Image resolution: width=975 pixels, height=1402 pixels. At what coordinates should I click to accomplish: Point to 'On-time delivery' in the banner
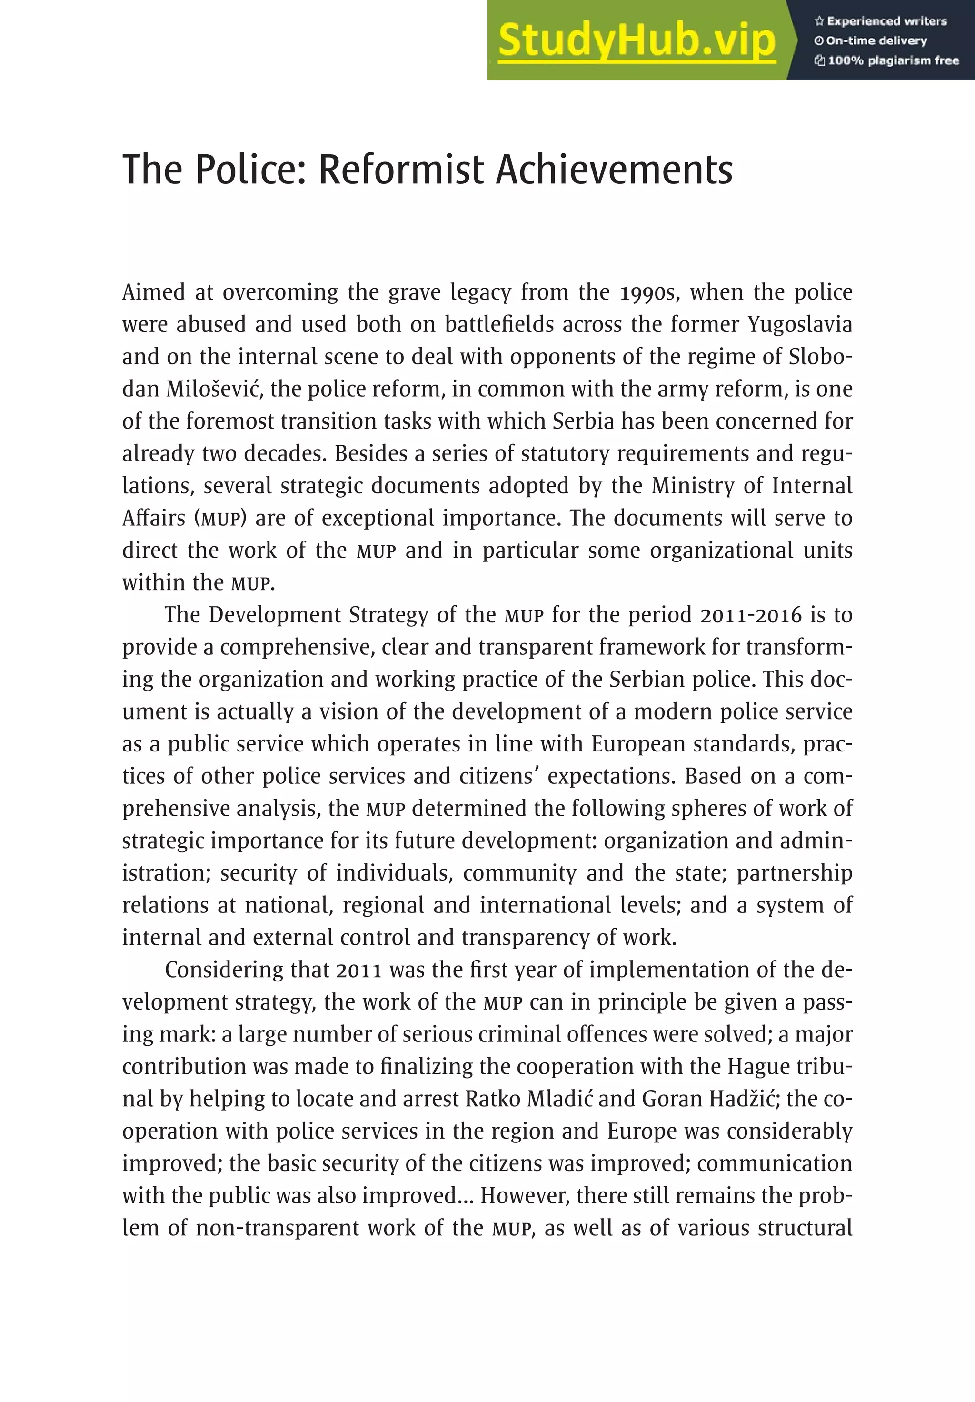(876, 41)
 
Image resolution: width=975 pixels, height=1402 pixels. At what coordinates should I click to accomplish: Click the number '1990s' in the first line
(647, 292)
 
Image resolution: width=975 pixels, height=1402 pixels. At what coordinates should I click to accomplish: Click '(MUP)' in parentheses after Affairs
(220, 519)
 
